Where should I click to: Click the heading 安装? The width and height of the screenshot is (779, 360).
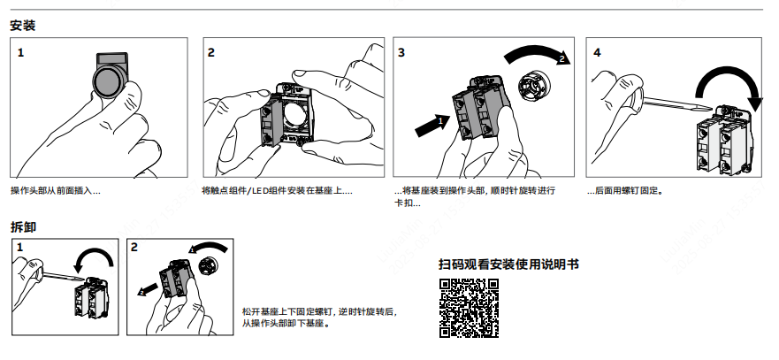tap(23, 26)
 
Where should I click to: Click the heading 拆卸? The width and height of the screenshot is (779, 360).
tap(23, 226)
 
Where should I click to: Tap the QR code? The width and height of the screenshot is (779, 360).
tap(469, 309)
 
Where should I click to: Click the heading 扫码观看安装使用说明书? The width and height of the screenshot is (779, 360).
tap(508, 264)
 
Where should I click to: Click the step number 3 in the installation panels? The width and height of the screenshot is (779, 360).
tap(401, 53)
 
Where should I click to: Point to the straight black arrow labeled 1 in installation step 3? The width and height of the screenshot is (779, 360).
tap(432, 125)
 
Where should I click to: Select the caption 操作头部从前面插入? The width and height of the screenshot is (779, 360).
tap(56, 190)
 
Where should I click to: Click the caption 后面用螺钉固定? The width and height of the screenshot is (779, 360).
tap(625, 190)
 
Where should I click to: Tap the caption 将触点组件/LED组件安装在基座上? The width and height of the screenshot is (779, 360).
tap(278, 190)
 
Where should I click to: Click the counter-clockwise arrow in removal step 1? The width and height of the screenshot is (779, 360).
tap(94, 257)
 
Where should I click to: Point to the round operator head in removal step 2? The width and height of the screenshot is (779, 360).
tap(207, 266)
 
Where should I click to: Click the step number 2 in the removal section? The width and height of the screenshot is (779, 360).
tap(134, 247)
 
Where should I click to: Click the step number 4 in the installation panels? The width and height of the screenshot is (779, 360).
tap(597, 53)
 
